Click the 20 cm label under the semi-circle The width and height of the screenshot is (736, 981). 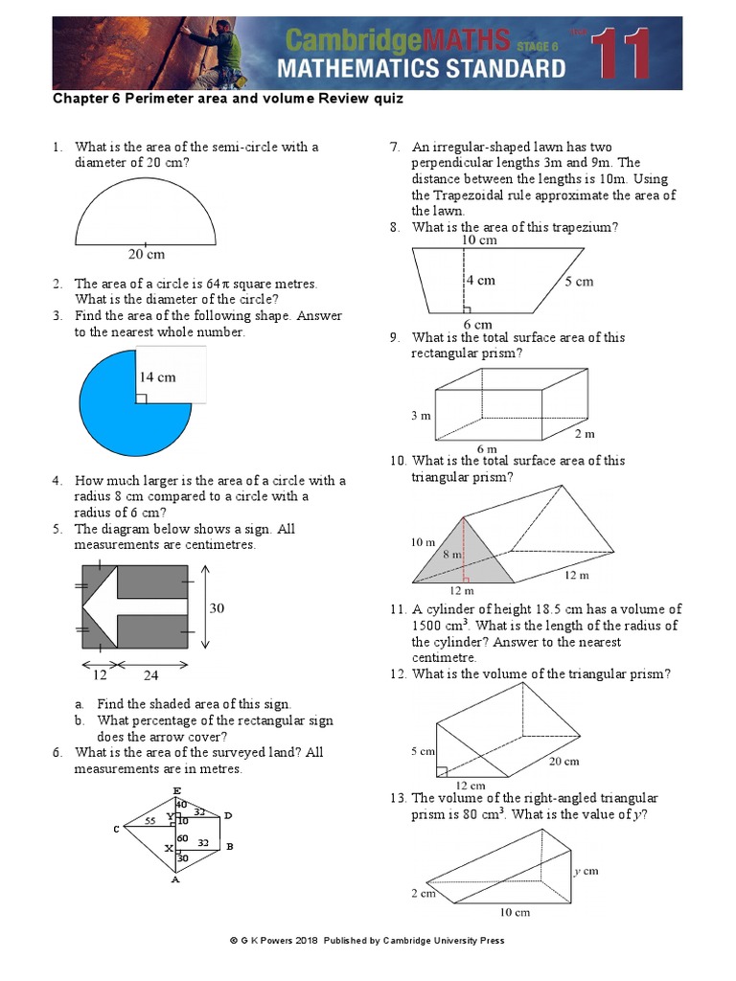pyautogui.click(x=147, y=254)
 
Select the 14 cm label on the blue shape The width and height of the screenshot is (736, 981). pyautogui.click(x=158, y=376)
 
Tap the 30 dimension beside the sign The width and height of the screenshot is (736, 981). pyautogui.click(x=217, y=607)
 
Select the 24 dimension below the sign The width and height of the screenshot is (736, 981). pyautogui.click(x=151, y=674)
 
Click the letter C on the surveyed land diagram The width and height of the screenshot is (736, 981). pyautogui.click(x=116, y=829)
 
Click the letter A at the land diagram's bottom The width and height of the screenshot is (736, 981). pyautogui.click(x=175, y=880)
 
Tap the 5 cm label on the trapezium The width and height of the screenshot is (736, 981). pyautogui.click(x=578, y=282)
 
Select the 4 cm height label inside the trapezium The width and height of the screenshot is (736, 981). pyautogui.click(x=481, y=281)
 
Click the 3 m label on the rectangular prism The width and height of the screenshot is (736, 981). pyautogui.click(x=421, y=416)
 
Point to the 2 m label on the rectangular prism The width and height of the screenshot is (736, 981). pyautogui.click(x=585, y=433)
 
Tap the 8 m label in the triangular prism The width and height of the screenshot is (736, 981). pyautogui.click(x=452, y=554)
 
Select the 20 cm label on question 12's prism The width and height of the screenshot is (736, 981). pyautogui.click(x=563, y=762)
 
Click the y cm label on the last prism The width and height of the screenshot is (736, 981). pyautogui.click(x=586, y=871)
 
